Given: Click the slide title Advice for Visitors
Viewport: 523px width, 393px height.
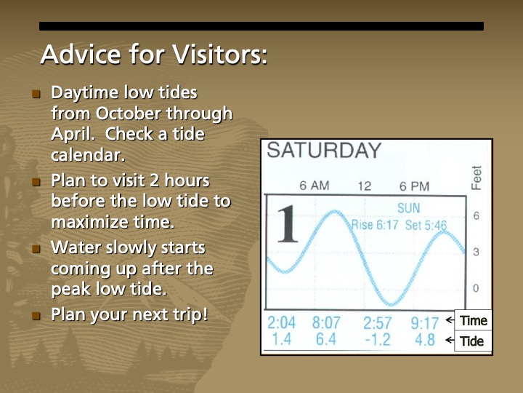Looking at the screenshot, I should click(x=153, y=55).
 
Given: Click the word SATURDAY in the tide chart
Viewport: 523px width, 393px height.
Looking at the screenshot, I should click(x=324, y=151).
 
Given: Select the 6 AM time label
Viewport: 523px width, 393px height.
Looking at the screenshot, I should click(x=315, y=186).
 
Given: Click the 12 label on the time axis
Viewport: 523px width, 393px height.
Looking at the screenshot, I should click(x=364, y=186).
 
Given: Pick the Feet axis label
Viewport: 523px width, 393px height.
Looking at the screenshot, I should click(x=477, y=178).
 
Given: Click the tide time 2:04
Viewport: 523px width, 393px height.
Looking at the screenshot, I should click(x=283, y=322).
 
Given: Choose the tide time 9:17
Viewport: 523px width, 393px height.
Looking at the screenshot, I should click(x=425, y=322).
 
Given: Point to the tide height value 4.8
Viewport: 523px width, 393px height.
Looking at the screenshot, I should click(x=425, y=338).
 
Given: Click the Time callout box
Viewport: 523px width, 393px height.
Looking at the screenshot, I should click(x=473, y=320).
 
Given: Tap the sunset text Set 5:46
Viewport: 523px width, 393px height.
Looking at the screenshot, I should click(x=426, y=225).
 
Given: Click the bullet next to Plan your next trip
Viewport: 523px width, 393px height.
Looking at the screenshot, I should click(x=37, y=317).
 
